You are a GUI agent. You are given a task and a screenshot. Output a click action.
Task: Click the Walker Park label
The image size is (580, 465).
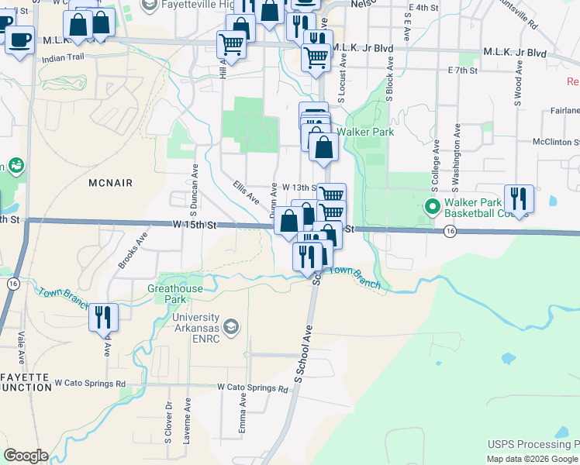(371, 132)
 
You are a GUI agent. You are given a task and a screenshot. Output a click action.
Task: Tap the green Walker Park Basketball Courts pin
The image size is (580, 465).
(432, 208)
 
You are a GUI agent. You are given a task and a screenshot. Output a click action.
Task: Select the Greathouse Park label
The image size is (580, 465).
(177, 294)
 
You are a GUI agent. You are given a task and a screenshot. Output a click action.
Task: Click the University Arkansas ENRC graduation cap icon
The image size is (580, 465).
(230, 328)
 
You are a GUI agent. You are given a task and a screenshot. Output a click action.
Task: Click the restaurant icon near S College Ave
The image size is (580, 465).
(518, 198)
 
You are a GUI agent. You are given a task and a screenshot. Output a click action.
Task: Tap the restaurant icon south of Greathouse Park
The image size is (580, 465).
(102, 316)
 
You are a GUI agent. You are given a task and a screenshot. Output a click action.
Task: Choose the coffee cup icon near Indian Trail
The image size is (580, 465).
(19, 38)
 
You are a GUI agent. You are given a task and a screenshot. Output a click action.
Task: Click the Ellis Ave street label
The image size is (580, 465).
(246, 192)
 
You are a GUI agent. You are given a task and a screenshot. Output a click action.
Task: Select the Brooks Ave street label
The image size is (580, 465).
(133, 253)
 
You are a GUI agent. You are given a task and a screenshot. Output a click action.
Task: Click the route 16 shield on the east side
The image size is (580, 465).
(449, 232)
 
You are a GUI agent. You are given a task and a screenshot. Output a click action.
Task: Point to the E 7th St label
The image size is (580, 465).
(461, 71)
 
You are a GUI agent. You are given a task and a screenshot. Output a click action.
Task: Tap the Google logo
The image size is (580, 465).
(25, 456)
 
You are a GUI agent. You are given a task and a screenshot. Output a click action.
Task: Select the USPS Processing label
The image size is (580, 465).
(532, 445)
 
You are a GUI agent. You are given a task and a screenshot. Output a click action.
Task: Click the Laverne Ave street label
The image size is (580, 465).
(187, 421)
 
